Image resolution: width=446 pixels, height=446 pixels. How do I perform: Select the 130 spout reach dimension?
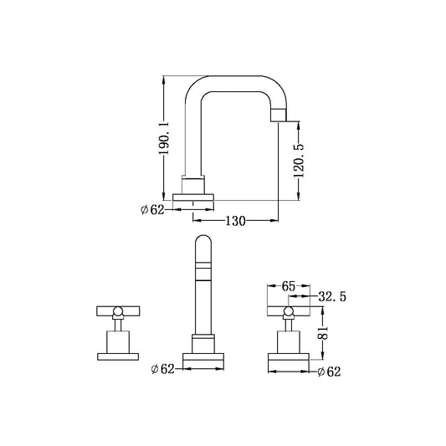click(x=234, y=222)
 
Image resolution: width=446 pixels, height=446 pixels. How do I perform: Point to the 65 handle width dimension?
click(x=288, y=285)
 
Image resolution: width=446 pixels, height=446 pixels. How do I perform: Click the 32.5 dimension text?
click(x=333, y=296)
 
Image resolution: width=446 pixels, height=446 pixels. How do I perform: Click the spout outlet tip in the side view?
click(x=284, y=114)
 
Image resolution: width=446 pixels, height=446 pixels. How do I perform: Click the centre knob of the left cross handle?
click(x=118, y=312)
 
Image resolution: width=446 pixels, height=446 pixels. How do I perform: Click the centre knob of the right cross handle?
click(x=289, y=312)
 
